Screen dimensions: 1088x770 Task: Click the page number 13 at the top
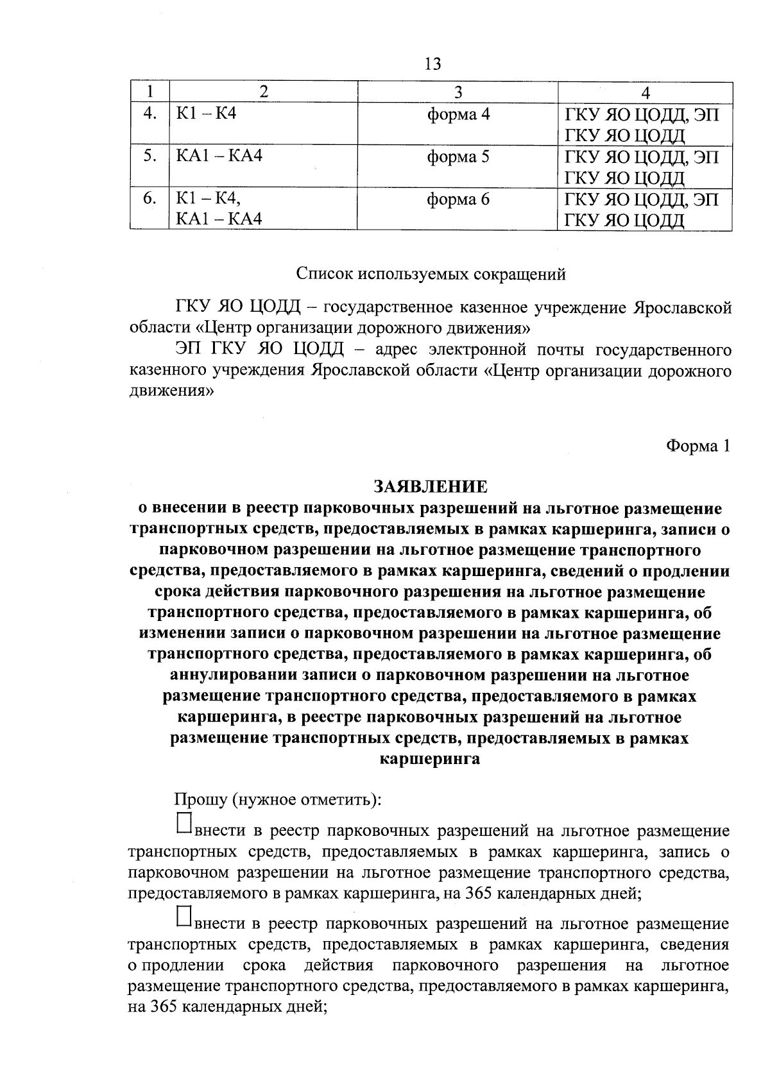432,64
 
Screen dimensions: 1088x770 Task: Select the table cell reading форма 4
458,115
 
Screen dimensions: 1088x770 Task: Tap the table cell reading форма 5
458,157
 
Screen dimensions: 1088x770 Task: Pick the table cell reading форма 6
458,200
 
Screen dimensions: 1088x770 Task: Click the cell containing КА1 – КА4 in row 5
219,156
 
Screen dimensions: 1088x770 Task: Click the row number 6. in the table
150,199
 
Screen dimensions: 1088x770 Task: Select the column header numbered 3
458,93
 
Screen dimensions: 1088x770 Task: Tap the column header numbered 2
262,93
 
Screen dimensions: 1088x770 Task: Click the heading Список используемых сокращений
431,275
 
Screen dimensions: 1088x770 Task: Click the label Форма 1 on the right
698,446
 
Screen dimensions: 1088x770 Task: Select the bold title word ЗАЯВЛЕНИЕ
431,487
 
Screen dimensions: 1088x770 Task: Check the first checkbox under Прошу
184,824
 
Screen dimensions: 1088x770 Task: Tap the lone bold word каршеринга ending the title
431,758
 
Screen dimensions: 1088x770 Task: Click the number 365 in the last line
162,1007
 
